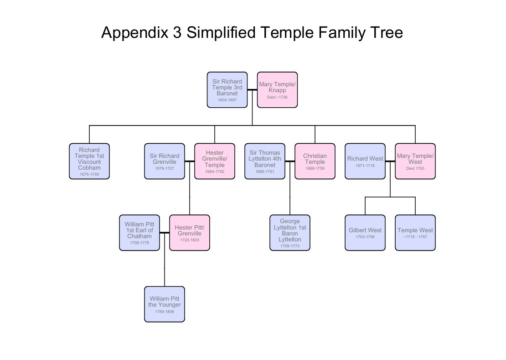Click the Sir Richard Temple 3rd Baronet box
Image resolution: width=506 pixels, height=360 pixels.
pos(227,89)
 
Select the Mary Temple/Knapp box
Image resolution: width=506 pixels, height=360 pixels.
pos(277,89)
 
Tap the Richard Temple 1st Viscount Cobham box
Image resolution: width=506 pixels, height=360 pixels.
pos(89,161)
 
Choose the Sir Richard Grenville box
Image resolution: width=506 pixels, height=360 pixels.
pos(165,161)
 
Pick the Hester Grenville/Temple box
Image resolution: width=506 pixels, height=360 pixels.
pos(215,161)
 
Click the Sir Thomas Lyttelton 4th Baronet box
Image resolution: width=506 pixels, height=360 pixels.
pos(265,161)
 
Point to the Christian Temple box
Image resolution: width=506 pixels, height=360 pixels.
pos(315,161)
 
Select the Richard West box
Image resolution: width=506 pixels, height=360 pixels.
pos(365,161)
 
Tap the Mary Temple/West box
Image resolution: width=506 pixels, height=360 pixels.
pos(415,161)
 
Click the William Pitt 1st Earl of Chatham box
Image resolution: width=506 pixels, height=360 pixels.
pos(139,233)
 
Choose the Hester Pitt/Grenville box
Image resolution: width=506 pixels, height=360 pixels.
pos(190,233)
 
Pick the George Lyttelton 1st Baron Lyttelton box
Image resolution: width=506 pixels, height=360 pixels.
pos(290,233)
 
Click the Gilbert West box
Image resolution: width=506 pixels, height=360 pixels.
pos(365,233)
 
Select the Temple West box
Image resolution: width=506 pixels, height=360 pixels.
pos(415,233)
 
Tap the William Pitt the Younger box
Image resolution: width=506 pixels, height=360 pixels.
pos(165,304)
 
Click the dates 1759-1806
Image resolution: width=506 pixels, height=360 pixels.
pos(165,312)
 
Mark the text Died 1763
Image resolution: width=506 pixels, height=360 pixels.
pos(415,168)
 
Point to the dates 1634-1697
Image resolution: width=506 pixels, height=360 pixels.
pos(227,100)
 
